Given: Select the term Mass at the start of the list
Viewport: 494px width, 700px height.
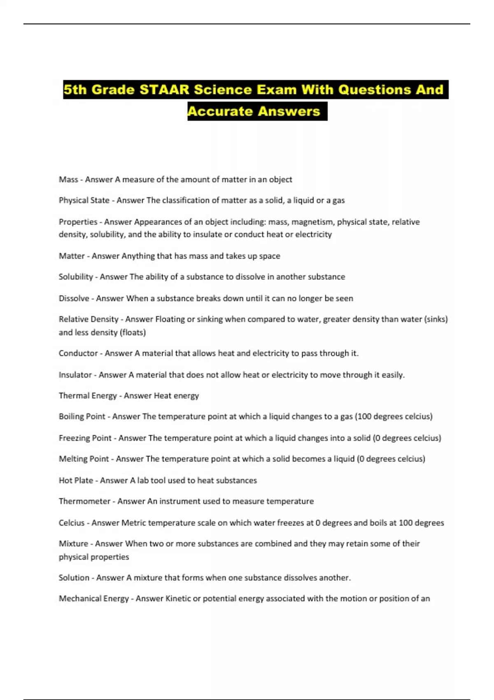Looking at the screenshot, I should [x=68, y=180].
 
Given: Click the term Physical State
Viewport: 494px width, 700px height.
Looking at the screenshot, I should [x=84, y=201].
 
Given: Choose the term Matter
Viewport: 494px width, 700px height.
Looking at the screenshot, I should [x=72, y=256].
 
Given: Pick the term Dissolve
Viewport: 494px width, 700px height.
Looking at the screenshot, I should [x=74, y=299].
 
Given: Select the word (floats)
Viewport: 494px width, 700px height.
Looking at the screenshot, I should [x=133, y=332].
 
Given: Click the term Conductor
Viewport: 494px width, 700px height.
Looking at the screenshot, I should [x=78, y=353].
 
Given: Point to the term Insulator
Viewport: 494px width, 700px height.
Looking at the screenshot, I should [x=75, y=375].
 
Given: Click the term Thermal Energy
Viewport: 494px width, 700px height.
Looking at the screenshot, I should [x=88, y=396].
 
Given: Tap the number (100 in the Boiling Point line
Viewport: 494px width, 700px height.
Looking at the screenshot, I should [x=363, y=416].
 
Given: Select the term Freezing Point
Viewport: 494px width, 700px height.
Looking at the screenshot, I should [x=85, y=438].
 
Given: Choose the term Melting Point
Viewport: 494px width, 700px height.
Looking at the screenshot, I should [x=84, y=459].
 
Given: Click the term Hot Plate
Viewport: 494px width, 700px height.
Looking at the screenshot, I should [x=76, y=481].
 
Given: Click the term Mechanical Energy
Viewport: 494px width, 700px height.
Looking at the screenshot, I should [x=94, y=599].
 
